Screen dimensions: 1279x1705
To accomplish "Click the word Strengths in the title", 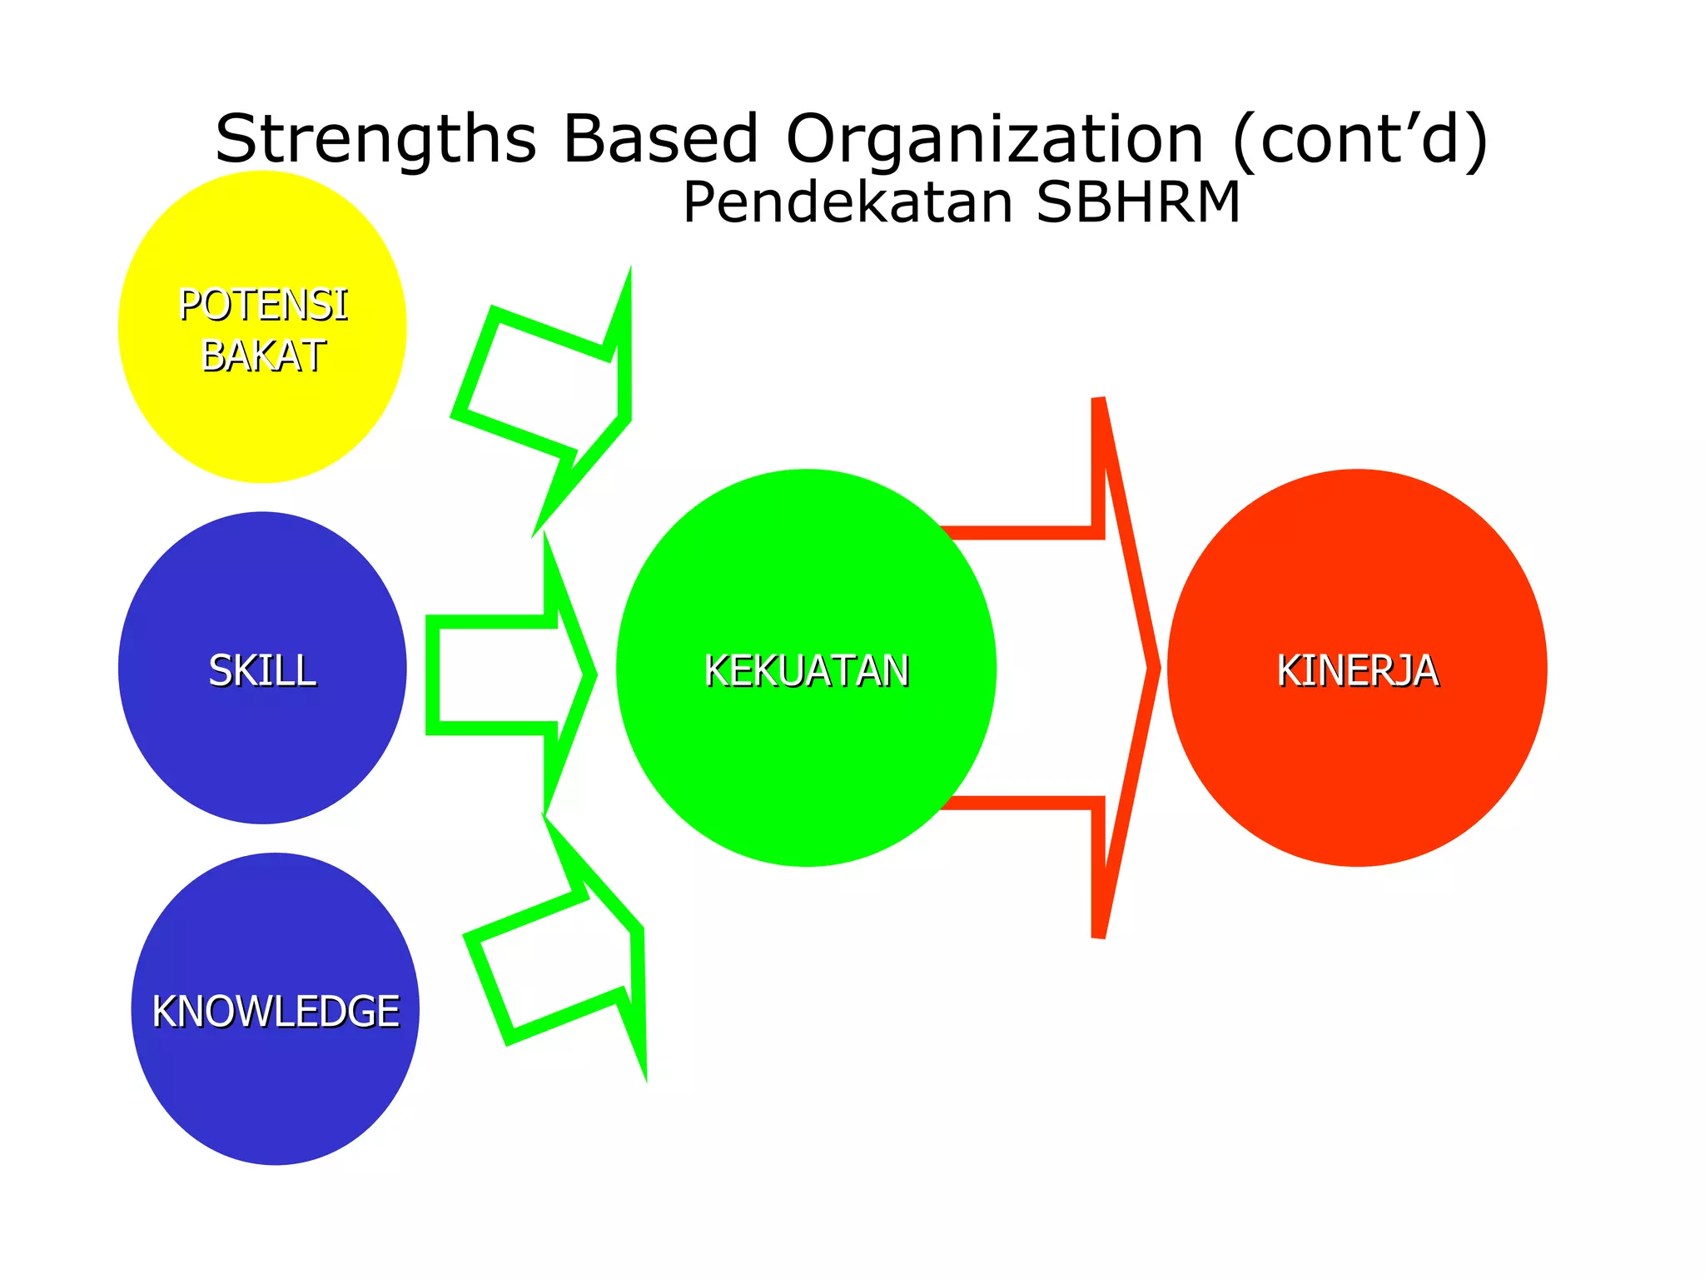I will [x=375, y=139].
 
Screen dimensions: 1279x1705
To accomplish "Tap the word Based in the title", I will [x=660, y=139].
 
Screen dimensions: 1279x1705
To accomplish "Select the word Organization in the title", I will [x=995, y=139].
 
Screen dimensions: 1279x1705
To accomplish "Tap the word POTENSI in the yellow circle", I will [x=263, y=305].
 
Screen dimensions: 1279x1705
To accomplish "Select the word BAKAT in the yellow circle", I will [x=263, y=356].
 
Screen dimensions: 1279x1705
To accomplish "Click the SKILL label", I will [x=262, y=670].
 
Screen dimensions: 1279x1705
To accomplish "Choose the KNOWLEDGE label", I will [x=276, y=1012].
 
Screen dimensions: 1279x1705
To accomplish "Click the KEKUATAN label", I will [x=806, y=670].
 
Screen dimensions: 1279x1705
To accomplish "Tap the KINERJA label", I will [x=1357, y=670].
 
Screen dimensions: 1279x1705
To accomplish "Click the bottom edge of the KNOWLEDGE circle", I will [x=276, y=1162].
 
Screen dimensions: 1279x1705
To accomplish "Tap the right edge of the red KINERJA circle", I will [x=1544, y=669].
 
